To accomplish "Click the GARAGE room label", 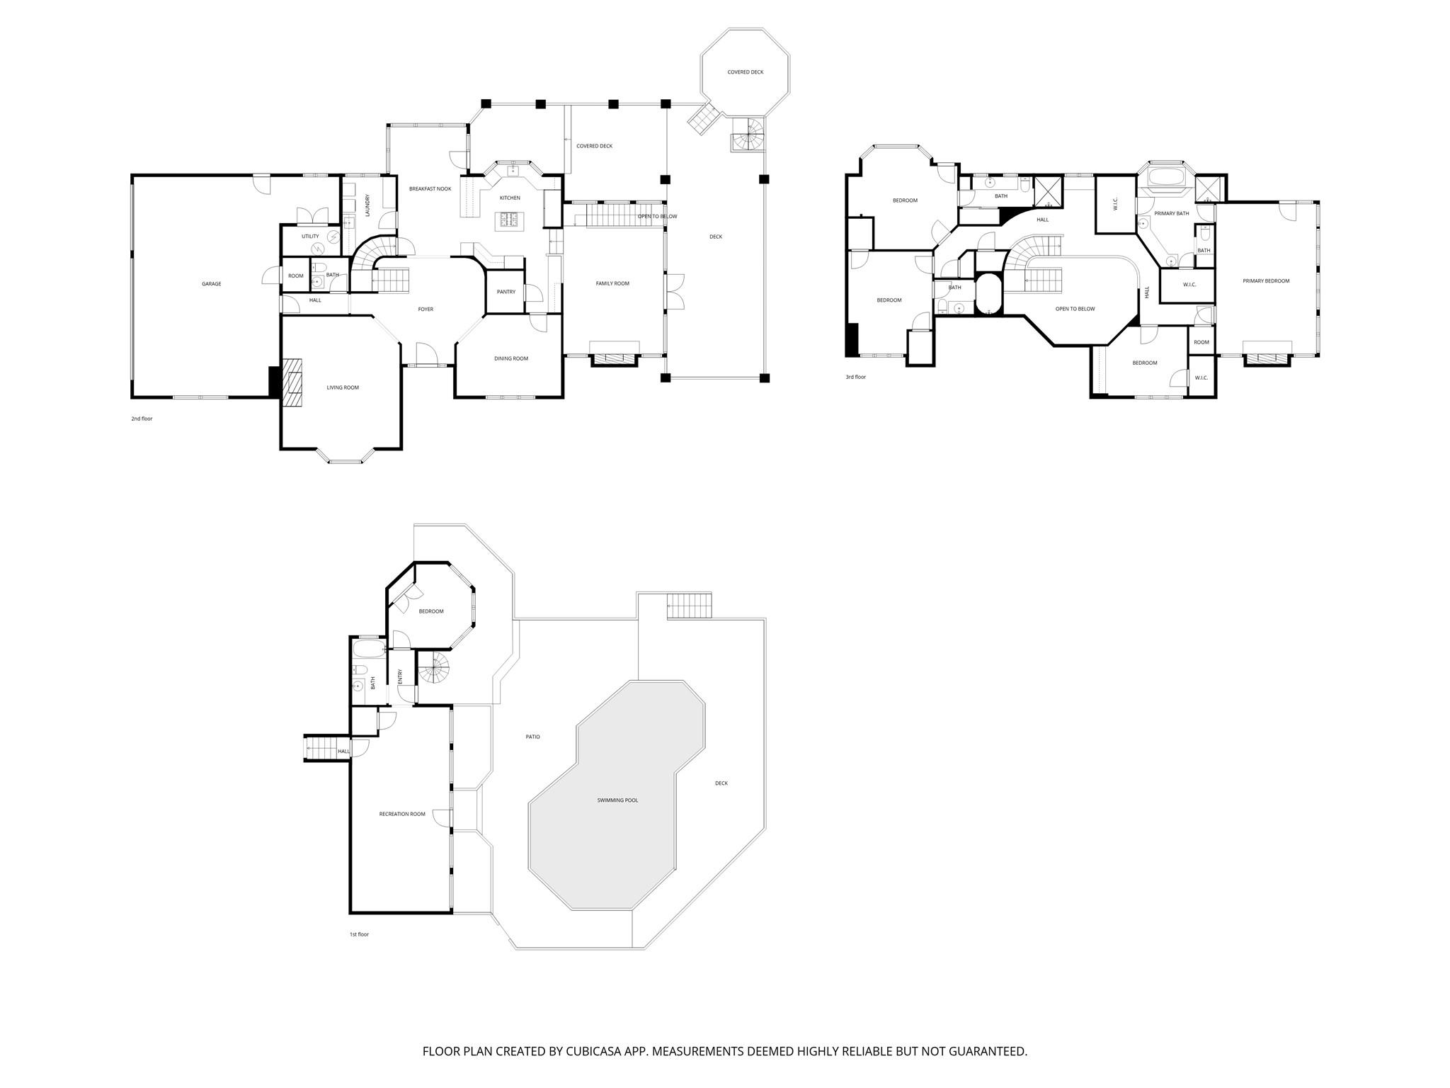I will (211, 284).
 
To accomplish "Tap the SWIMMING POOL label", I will (617, 800).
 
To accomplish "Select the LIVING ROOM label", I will (343, 387).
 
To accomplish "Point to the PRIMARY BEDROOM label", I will (1266, 281).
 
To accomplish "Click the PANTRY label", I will (506, 292).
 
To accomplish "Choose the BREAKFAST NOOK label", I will (430, 189).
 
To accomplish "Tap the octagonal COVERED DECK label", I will (745, 72).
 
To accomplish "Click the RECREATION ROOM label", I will (402, 814).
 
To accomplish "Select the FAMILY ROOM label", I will (612, 283).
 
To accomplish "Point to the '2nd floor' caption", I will (142, 419).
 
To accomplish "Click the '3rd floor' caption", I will (855, 377).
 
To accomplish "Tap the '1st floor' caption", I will (359, 934).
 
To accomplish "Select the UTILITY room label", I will (310, 237).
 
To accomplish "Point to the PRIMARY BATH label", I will (1171, 213).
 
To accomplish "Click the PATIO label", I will (532, 737).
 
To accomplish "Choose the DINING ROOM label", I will (511, 358).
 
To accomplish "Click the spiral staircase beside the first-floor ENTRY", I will (433, 669).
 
